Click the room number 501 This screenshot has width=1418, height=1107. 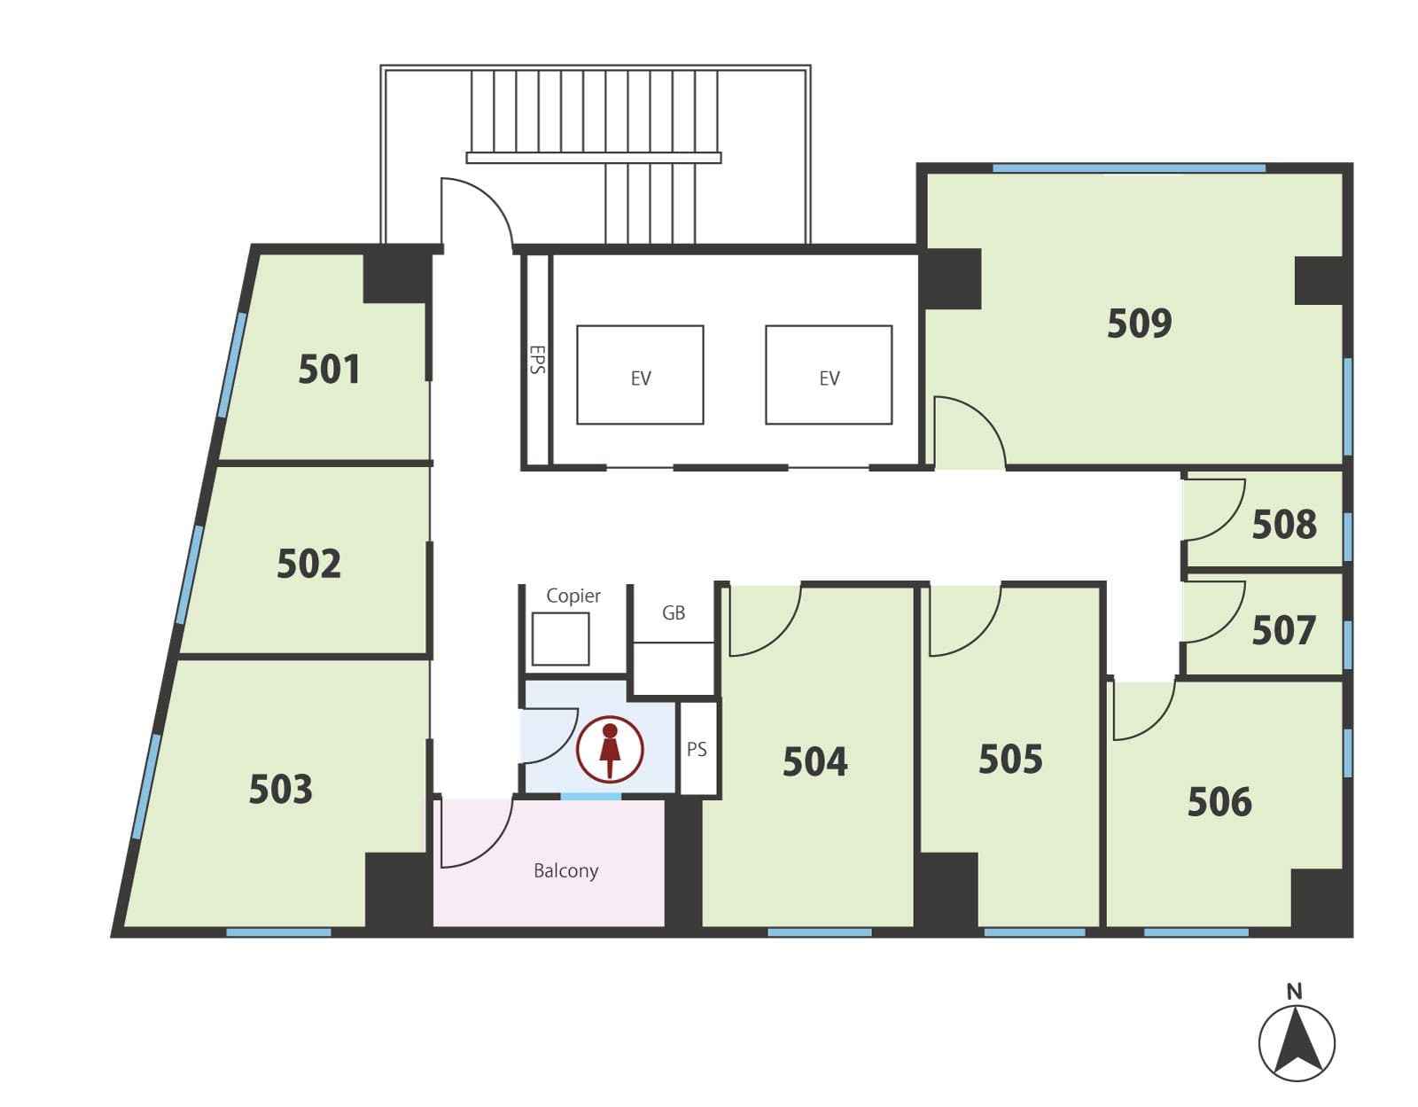coord(329,370)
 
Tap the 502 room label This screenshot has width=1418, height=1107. coord(308,564)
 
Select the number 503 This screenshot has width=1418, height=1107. coord(280,789)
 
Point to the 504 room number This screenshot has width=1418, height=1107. coord(814,761)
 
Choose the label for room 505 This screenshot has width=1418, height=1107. coord(1010,759)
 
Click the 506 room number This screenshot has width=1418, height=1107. coord(1219,801)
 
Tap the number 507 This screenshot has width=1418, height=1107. coord(1283,630)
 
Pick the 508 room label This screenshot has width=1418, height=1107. coord(1283,524)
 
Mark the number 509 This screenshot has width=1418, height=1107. coord(1139,323)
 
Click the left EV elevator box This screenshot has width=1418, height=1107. coord(640,375)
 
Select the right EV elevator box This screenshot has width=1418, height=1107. coord(829,375)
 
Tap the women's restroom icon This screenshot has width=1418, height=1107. coord(610,750)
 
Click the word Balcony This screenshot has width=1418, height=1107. coord(565,870)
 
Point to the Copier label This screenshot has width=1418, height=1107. coord(573,596)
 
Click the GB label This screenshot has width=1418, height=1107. coord(674,612)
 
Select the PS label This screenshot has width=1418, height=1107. coord(697,749)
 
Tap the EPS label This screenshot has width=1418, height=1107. coord(537,359)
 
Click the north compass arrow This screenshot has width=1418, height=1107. coord(1297,1042)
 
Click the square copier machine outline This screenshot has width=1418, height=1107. coord(560,638)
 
